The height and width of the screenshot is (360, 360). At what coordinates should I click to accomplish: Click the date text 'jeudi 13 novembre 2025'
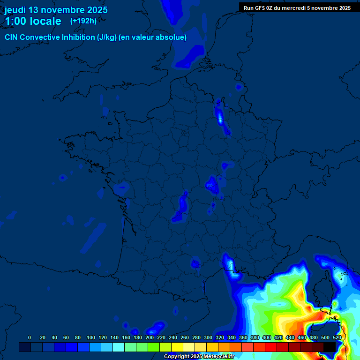point(56,10)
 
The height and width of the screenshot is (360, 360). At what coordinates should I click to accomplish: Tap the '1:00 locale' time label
point(33,21)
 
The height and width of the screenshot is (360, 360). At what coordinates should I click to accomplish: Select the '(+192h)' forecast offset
point(83,21)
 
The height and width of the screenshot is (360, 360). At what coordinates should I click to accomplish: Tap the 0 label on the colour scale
point(30,337)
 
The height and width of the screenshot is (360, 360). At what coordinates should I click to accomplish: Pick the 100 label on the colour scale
point(91,337)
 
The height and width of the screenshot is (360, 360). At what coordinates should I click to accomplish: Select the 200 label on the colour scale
point(150,337)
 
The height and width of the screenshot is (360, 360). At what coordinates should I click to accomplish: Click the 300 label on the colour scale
point(208,337)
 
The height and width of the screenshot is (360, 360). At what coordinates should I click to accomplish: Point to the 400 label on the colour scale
point(267,337)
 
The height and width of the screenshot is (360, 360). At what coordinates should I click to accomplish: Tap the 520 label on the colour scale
point(337,337)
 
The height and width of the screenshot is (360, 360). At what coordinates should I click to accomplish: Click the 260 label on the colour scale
point(185,337)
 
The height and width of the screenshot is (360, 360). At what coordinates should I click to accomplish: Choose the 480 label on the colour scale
point(314,337)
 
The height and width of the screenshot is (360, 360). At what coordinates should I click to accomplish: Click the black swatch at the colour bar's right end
point(330,347)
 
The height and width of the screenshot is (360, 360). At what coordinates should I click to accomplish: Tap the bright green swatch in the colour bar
point(154,347)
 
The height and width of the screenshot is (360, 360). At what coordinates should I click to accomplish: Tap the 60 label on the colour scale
point(66,337)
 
